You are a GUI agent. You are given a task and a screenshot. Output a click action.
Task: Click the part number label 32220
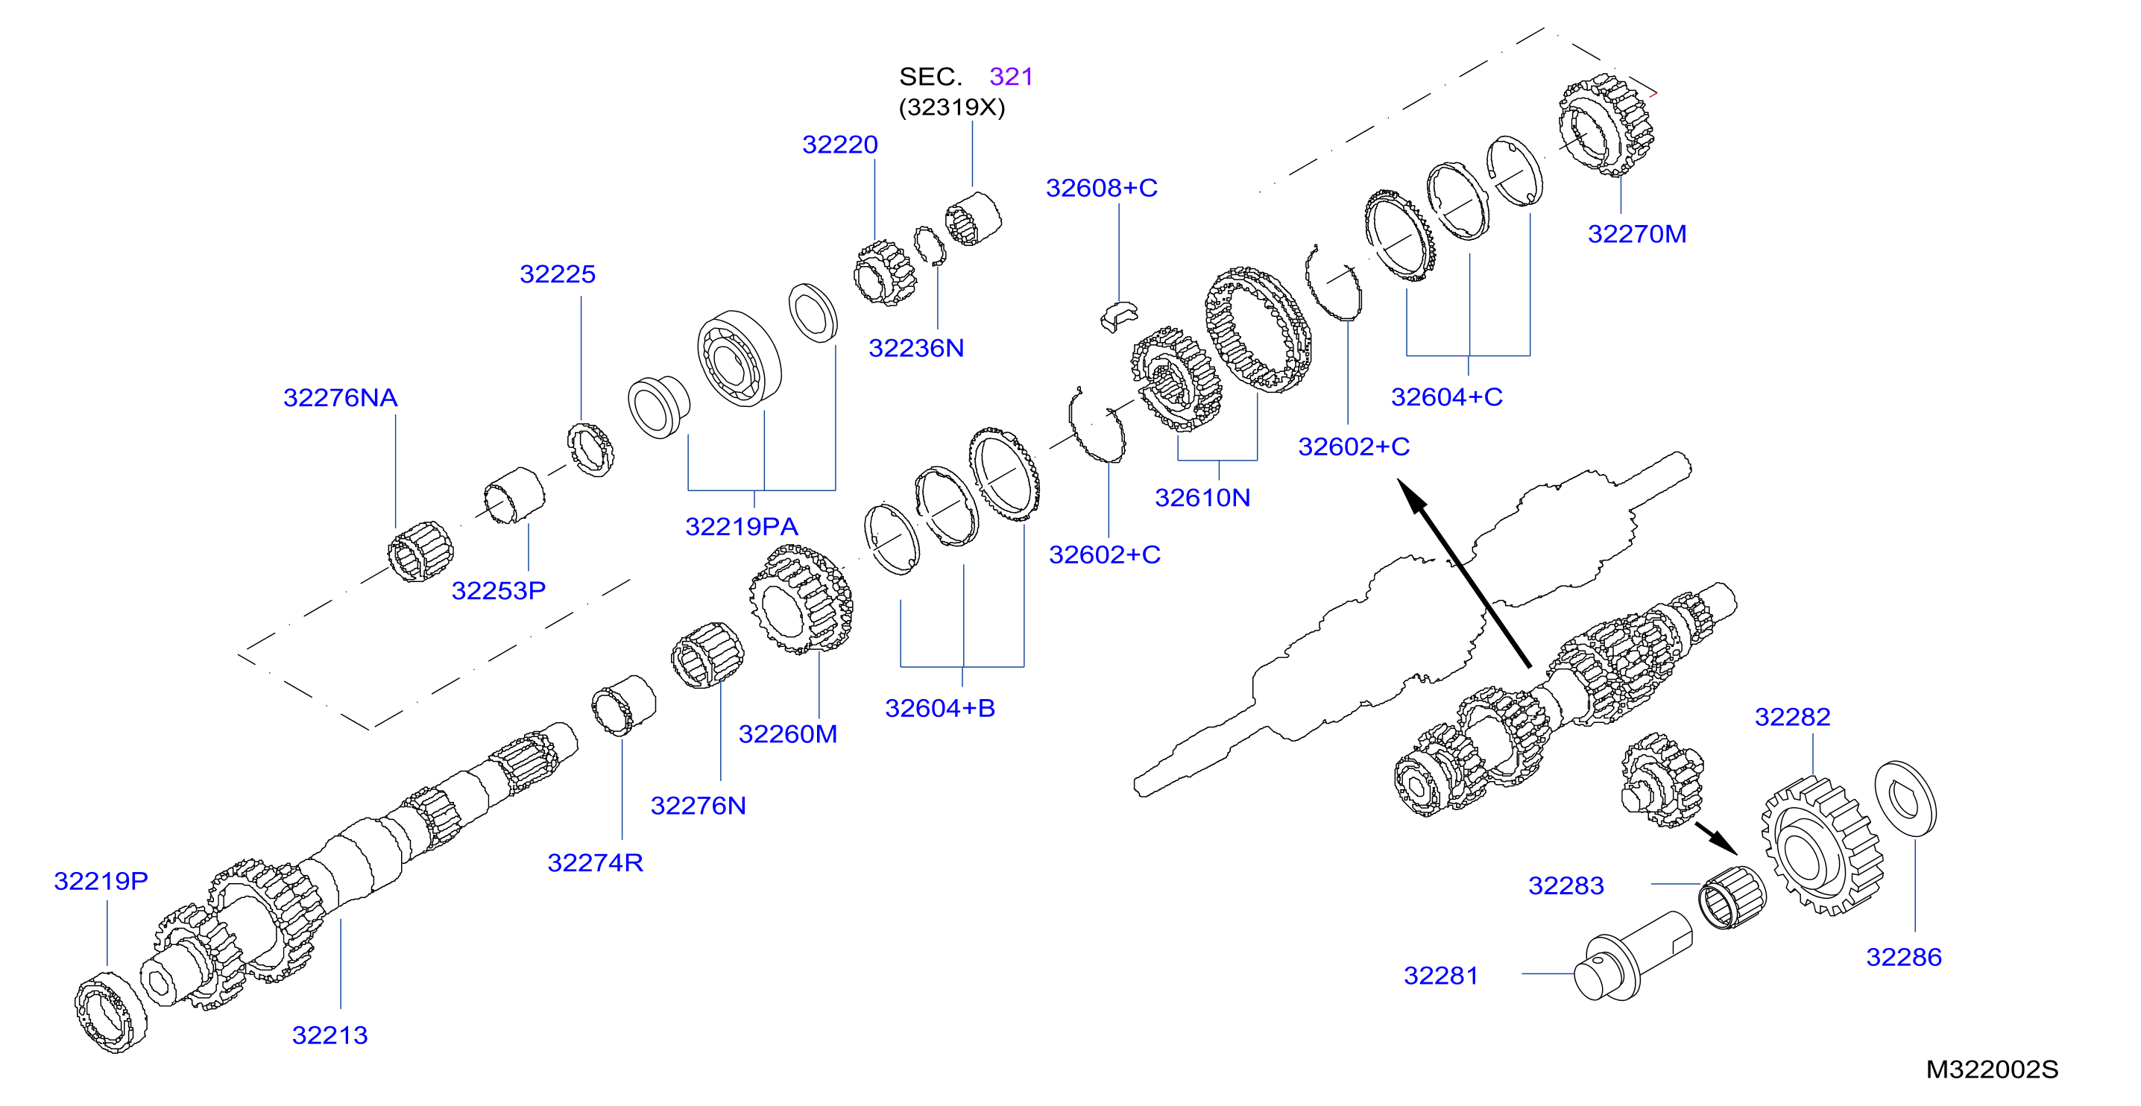pos(839,145)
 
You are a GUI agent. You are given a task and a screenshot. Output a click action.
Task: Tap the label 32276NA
pos(340,398)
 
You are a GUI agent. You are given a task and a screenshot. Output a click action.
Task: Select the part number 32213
pos(329,1035)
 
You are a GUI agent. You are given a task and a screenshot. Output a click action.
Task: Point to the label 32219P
pos(101,881)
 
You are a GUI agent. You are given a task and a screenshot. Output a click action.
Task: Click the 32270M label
pos(1636,234)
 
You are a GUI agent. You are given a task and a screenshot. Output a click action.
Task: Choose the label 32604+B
pos(939,708)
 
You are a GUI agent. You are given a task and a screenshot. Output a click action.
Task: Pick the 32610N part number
pos(1202,498)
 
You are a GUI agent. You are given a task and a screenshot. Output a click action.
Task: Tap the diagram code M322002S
pos(1991,1069)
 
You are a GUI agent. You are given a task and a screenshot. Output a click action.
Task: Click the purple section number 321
pos(1011,77)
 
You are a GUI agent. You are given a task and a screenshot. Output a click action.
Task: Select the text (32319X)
pos(952,107)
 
